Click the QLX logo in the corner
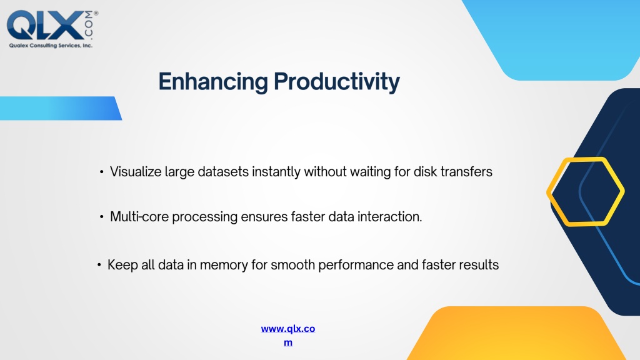52,29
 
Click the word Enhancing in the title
213,81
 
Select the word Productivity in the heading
337,82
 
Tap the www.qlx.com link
287,335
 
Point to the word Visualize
136,172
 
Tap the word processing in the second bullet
204,217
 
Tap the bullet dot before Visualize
101,172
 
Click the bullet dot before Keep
99,265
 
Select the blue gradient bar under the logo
61,108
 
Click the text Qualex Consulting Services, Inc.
51,45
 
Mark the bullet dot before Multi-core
101,217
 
